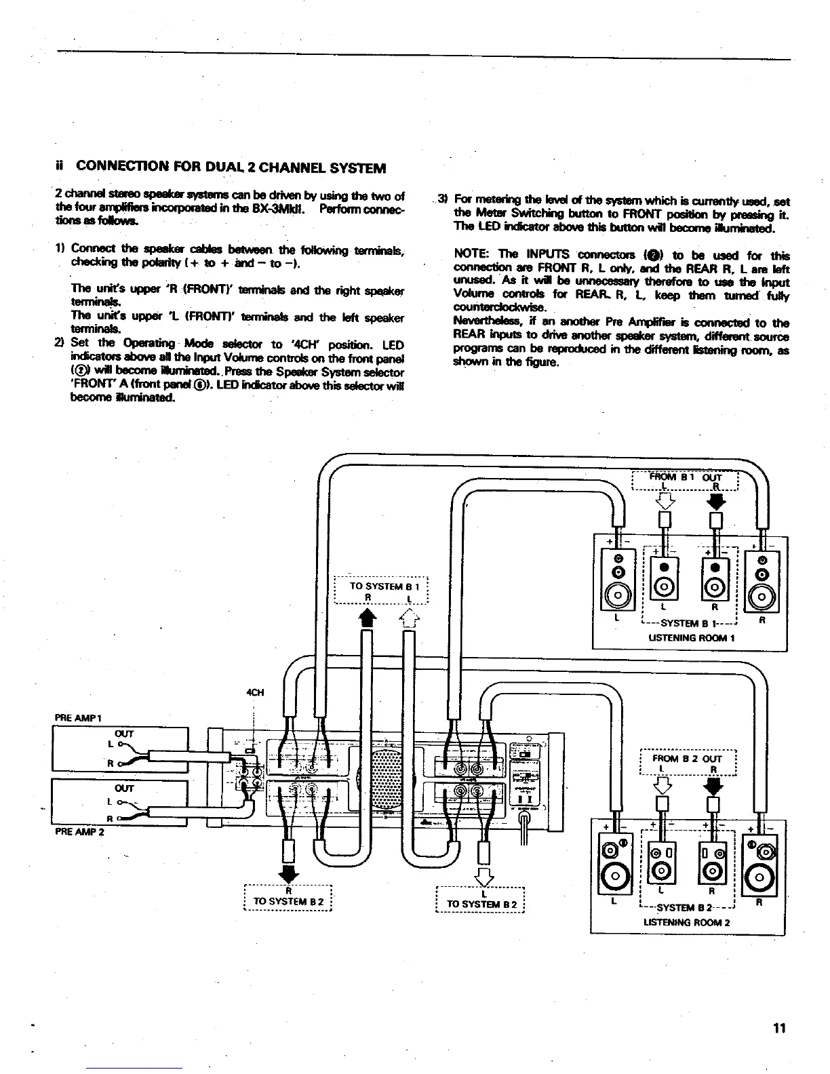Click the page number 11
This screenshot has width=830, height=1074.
click(779, 1028)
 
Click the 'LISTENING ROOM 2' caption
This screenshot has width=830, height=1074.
click(686, 922)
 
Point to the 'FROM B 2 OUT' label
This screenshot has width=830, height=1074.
click(688, 759)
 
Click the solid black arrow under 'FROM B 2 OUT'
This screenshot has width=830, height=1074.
click(713, 787)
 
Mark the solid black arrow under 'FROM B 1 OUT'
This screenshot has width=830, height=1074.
click(715, 502)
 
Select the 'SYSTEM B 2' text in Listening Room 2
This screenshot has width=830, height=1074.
click(685, 908)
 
